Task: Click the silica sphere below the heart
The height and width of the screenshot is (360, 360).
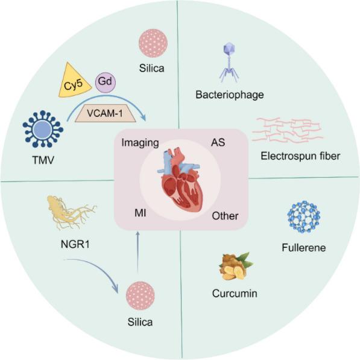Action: point(140,297)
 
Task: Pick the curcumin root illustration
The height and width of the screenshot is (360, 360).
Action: point(233,266)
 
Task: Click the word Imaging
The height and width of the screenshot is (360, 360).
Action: point(139,143)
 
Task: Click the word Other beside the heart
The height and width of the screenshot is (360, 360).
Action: point(226,216)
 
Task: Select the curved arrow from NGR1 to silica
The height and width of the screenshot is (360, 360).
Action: point(90,269)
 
